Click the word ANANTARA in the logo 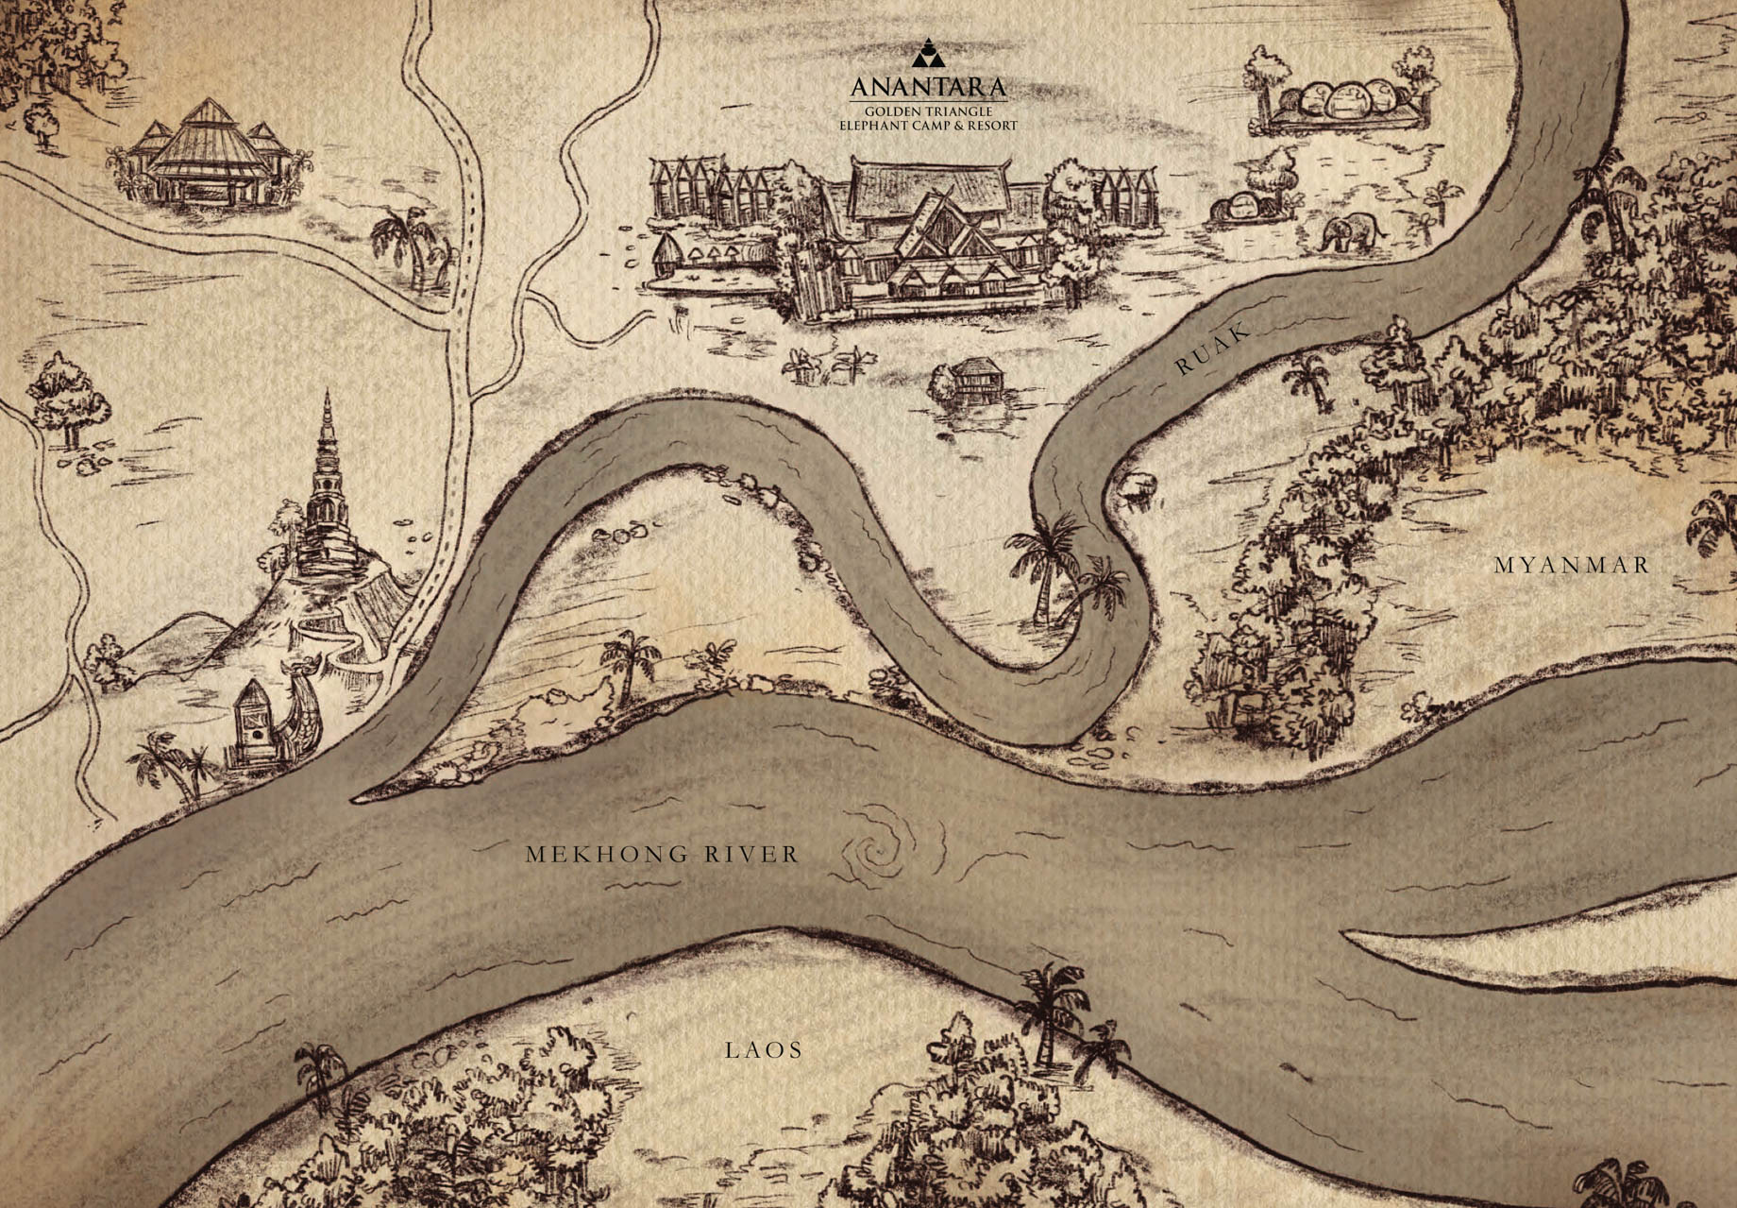928,88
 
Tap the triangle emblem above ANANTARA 929,55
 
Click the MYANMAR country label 1572,566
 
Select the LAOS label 764,1049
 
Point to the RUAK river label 1212,349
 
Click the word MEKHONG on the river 601,855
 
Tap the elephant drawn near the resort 1350,232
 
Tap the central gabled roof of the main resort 935,227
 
